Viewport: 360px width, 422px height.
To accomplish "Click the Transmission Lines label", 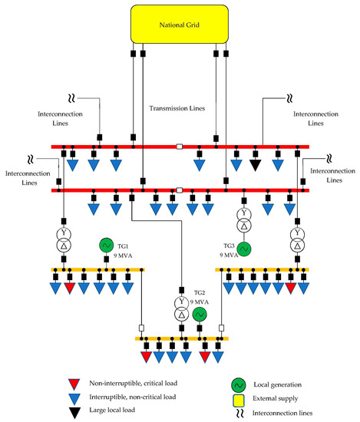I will click(x=178, y=110).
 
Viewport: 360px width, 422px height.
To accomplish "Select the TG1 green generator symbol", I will click(x=106, y=245).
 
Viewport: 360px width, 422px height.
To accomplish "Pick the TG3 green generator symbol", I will click(x=244, y=249).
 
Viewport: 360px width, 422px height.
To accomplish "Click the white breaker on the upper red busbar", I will click(x=180, y=147).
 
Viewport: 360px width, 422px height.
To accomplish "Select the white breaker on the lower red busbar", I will click(x=180, y=190).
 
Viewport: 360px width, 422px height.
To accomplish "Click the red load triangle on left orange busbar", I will click(x=70, y=288).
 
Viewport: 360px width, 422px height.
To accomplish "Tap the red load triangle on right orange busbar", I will click(x=290, y=288).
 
